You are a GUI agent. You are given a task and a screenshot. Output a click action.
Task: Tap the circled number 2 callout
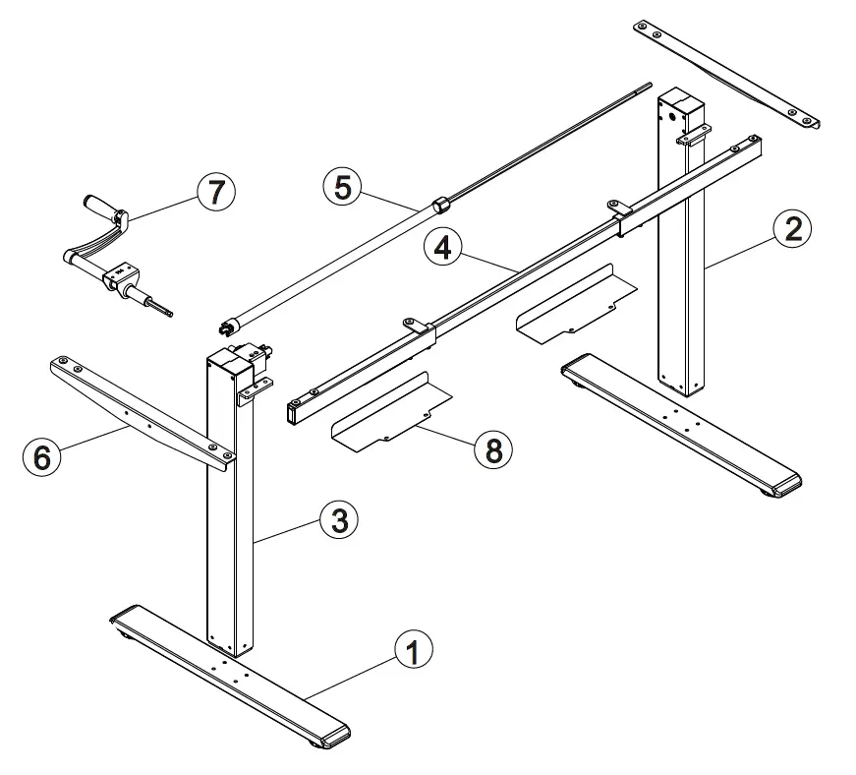(x=792, y=228)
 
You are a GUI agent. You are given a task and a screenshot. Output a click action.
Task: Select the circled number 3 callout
(x=338, y=520)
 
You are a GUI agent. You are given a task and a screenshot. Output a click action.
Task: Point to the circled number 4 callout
(x=443, y=247)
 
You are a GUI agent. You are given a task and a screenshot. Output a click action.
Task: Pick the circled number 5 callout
(x=342, y=187)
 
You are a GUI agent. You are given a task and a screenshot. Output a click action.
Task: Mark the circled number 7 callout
(x=216, y=192)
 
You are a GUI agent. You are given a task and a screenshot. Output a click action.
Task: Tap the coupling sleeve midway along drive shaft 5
(x=439, y=205)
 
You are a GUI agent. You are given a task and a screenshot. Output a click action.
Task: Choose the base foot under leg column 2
(x=687, y=429)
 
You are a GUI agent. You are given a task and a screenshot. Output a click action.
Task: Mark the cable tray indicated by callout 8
(x=388, y=412)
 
